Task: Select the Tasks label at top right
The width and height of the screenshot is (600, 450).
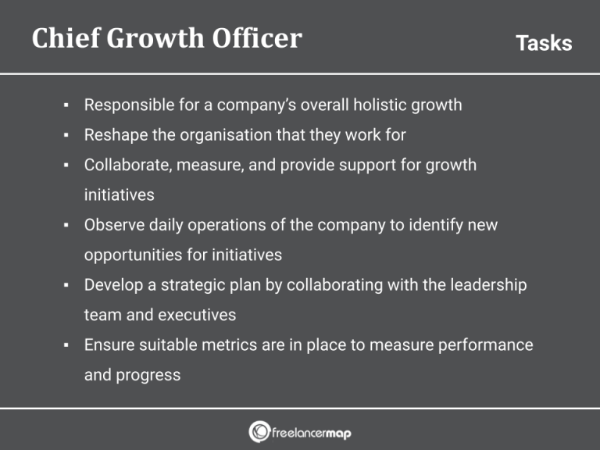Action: click(x=544, y=43)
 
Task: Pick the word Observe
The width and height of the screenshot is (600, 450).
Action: click(x=112, y=226)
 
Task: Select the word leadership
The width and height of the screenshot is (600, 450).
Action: click(x=488, y=285)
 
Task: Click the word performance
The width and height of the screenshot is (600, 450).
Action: click(x=482, y=345)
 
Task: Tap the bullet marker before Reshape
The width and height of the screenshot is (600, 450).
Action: click(x=67, y=135)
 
